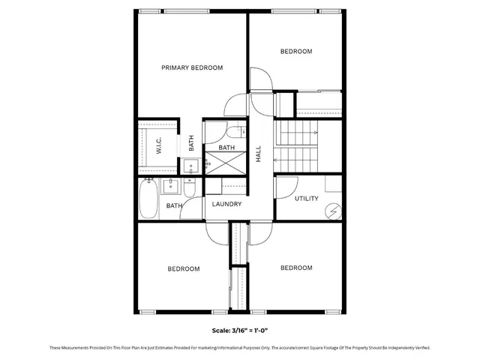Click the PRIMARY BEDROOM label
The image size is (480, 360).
click(x=192, y=67)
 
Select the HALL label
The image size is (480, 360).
click(x=259, y=154)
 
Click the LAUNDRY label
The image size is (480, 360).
click(x=226, y=204)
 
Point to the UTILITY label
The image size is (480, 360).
click(x=306, y=199)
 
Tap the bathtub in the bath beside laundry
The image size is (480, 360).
click(x=147, y=199)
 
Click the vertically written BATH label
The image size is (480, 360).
click(x=192, y=142)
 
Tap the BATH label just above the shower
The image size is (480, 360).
click(x=226, y=148)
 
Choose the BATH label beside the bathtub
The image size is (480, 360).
click(x=174, y=205)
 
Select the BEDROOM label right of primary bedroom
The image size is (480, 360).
click(x=295, y=52)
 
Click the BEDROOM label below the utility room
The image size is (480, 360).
click(x=295, y=268)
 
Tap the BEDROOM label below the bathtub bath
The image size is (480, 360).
click(x=183, y=268)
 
